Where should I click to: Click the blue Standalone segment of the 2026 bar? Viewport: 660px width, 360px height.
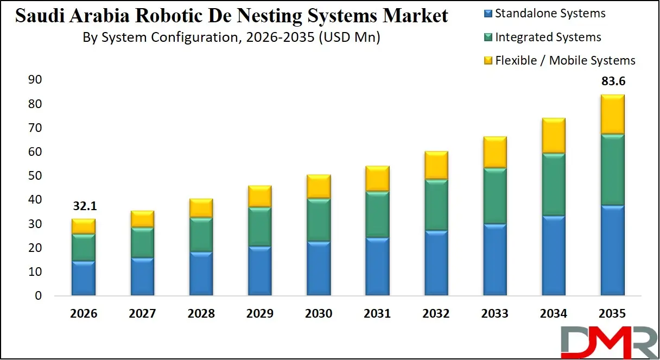83,278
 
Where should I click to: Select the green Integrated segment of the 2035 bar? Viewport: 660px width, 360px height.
613,169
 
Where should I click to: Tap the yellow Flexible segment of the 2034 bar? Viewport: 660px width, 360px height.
554,136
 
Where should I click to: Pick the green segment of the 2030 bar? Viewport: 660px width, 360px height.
319,220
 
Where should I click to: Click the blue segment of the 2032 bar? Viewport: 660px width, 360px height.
436,263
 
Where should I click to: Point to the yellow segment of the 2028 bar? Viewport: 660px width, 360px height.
201,208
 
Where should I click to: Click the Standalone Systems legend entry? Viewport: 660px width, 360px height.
550,14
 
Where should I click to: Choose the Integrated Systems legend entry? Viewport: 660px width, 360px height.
548,37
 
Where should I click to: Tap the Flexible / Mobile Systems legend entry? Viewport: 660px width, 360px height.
564,60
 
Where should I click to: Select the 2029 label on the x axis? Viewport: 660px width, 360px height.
259,314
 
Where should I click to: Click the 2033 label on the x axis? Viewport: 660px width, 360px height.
495,314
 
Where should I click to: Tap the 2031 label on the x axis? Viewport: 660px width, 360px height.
377,314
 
